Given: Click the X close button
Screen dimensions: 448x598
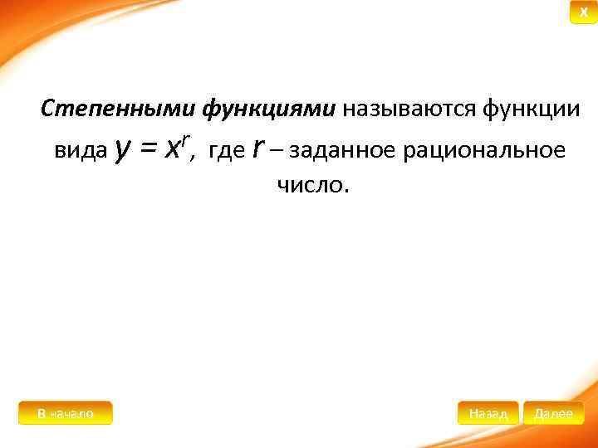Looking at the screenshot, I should point(583,12).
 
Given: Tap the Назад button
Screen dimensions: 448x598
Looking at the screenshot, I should point(488,413).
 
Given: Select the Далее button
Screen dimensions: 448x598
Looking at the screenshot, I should point(553,413).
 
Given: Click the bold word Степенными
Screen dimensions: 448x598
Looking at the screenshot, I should point(107,109).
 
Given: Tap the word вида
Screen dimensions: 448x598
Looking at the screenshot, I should point(81,151).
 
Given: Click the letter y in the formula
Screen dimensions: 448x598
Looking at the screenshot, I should point(123,149).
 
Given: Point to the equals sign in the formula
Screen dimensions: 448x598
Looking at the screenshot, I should point(149,149).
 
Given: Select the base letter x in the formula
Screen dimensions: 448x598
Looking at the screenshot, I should point(173,150).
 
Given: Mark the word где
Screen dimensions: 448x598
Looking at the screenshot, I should point(227,151).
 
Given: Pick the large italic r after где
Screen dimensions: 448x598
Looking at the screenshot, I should point(258,149).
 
